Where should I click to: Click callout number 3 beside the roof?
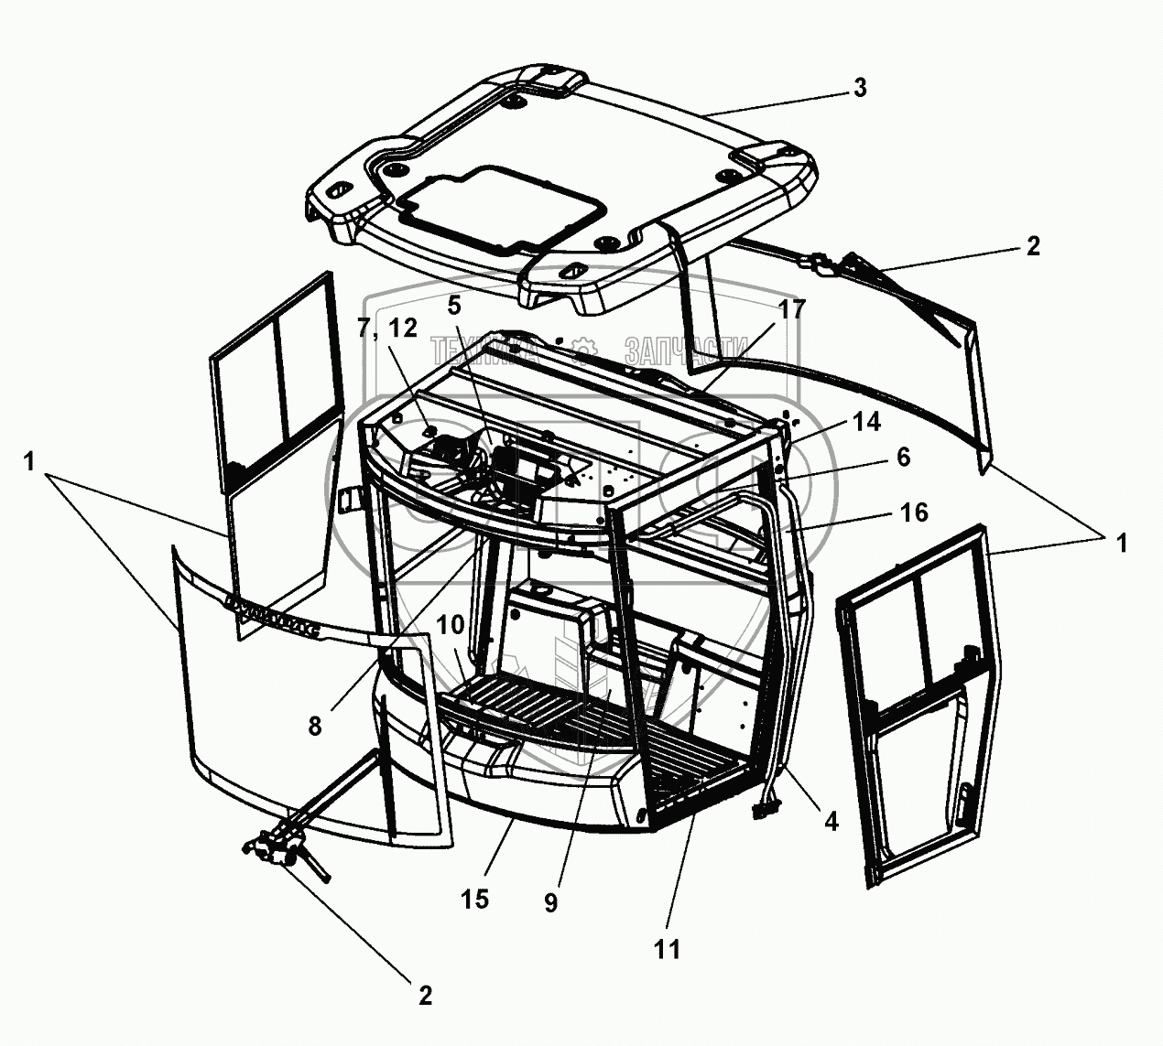click(859, 89)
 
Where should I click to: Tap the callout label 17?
click(791, 310)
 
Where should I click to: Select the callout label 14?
click(865, 422)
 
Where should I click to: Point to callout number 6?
click(903, 458)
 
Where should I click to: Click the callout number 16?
click(913, 512)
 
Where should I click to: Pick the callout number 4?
click(831, 822)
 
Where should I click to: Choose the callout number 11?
click(668, 950)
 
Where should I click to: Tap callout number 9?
click(550, 903)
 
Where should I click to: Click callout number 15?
click(475, 899)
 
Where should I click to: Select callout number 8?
click(314, 726)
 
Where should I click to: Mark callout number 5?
click(455, 305)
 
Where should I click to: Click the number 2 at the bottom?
click(424, 996)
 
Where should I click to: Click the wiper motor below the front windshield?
click(274, 847)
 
